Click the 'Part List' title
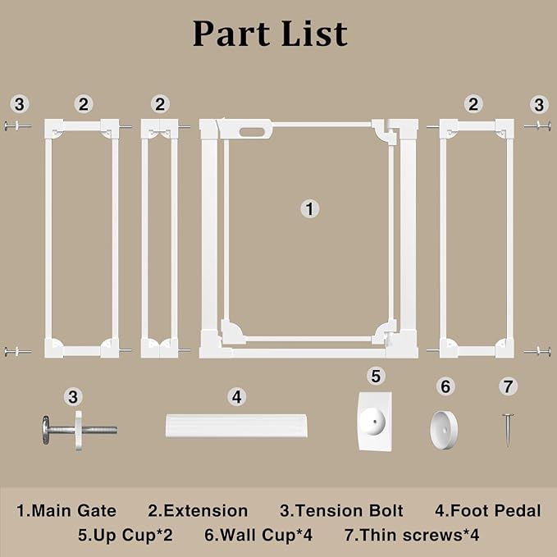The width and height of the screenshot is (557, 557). [270, 34]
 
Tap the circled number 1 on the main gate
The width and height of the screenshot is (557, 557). [310, 209]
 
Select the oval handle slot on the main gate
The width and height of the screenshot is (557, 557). [252, 132]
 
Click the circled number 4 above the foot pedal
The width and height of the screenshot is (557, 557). [236, 397]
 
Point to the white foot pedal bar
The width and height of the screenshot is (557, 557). [236, 426]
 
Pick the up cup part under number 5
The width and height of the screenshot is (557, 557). [375, 422]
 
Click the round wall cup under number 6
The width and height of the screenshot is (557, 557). [444, 430]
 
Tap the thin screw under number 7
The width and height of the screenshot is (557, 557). [508, 430]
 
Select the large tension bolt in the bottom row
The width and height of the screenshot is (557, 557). [80, 430]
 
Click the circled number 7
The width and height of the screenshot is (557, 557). [508, 386]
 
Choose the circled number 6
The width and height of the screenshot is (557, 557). [445, 386]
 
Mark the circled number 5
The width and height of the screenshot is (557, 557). [376, 376]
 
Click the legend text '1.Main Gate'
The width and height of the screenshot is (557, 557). [66, 511]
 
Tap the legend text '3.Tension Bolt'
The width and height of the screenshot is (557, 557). [341, 511]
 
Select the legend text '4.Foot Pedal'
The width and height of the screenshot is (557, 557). [488, 511]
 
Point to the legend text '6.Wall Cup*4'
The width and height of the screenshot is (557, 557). [258, 535]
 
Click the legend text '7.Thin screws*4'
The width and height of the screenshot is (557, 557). [412, 535]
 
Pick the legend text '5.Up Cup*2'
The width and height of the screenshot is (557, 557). [126, 535]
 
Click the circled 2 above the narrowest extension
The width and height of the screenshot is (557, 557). [160, 104]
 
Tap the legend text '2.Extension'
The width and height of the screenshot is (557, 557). [198, 511]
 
